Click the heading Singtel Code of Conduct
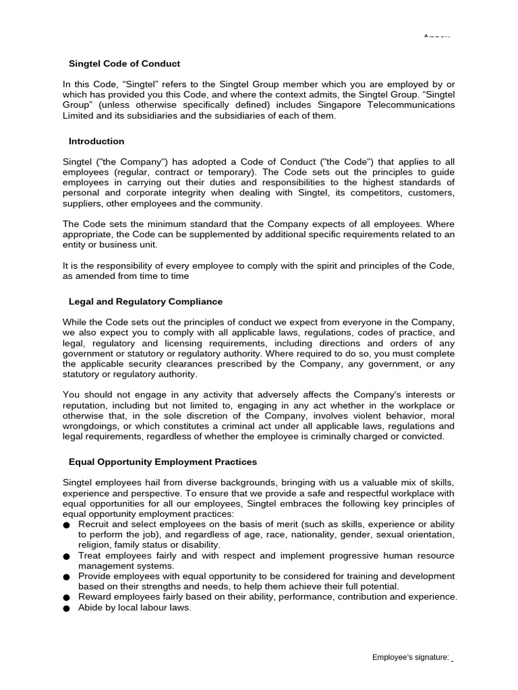pos(124,64)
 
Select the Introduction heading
pos(96,142)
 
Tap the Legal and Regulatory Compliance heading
pos(146,302)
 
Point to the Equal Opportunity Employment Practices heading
pos(163,462)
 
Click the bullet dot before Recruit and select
pos(66,525)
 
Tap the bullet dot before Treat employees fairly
pos(66,557)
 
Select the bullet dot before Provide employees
pos(66,577)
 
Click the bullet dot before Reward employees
pos(66,598)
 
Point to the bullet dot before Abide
pos(66,608)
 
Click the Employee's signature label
pos(410,658)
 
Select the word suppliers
pos(84,203)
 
